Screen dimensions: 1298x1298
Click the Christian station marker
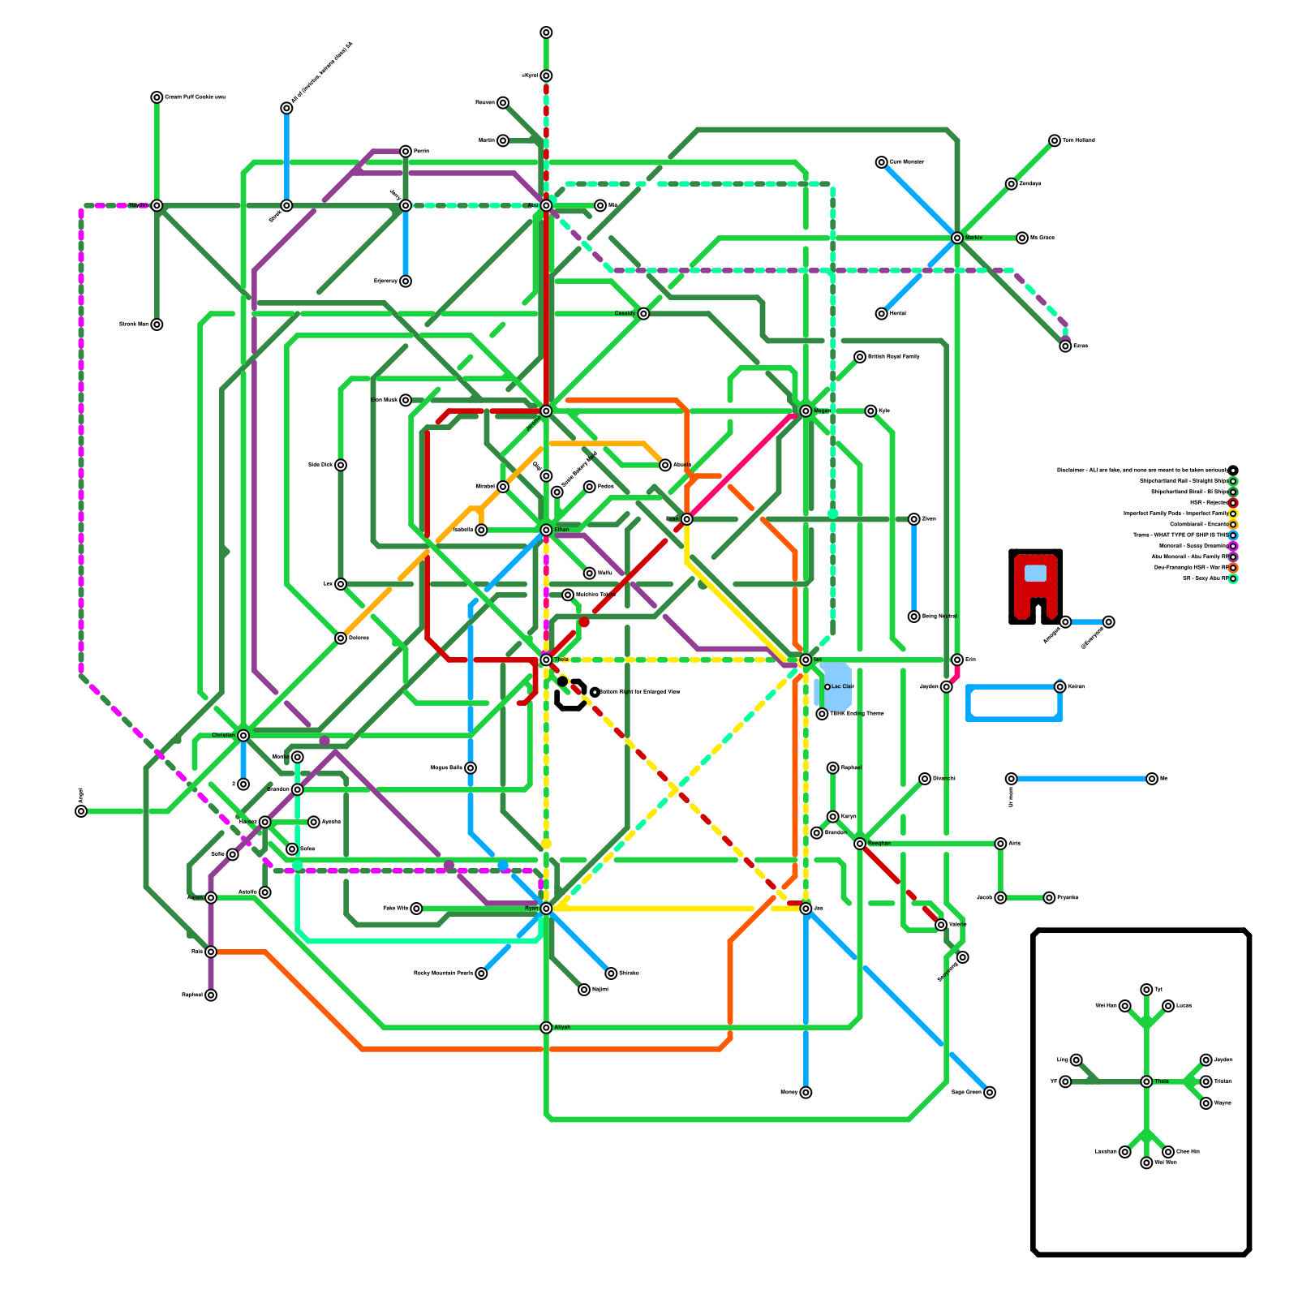click(243, 736)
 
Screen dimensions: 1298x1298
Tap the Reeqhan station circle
click(860, 844)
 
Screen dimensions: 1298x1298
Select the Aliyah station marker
click(546, 1028)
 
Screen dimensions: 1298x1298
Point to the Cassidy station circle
click(643, 314)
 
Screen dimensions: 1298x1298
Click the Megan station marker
click(806, 411)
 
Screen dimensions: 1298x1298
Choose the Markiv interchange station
click(957, 238)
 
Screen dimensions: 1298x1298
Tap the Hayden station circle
click(157, 205)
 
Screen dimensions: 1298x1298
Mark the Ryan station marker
click(546, 909)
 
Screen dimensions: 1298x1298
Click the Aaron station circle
click(211, 898)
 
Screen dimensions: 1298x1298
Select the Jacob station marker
click(1000, 898)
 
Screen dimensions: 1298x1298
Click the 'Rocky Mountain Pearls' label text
click(443, 973)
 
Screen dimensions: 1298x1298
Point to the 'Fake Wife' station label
click(395, 909)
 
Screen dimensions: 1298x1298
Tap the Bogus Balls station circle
click(471, 768)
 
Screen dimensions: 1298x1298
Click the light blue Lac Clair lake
click(836, 687)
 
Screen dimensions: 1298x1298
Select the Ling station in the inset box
click(1076, 1060)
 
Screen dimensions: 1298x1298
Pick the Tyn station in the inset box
click(1146, 990)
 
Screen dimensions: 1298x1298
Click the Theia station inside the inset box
click(1146, 1081)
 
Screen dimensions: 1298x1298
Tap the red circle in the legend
click(1233, 503)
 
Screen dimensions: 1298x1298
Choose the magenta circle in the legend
click(1233, 546)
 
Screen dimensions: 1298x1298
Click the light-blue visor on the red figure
click(1035, 573)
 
